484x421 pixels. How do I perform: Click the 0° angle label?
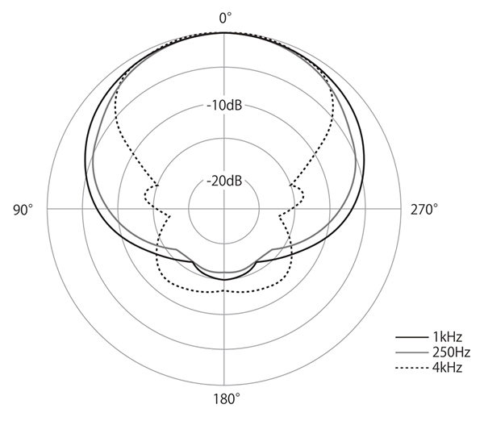point(225,18)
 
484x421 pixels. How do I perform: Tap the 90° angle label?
point(23,210)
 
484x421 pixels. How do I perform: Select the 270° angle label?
point(423,210)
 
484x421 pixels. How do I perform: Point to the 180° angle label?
point(227,399)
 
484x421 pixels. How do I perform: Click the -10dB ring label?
point(224,106)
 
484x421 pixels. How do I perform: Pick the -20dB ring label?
point(224,181)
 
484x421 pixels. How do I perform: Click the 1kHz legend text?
point(447,337)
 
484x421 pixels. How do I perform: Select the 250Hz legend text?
point(451,352)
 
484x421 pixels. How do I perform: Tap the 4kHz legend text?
point(447,368)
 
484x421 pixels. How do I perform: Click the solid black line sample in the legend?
point(411,337)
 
